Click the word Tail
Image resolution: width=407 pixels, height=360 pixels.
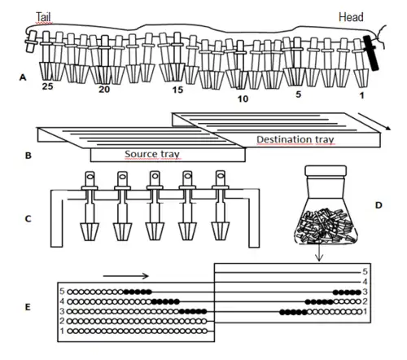pyautogui.click(x=43, y=17)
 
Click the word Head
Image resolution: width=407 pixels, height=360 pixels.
pyautogui.click(x=351, y=17)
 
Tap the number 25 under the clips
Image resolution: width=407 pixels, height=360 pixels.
pyautogui.click(x=47, y=86)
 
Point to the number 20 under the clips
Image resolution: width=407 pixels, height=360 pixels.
pyautogui.click(x=104, y=89)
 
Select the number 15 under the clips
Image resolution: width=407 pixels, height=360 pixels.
pyautogui.click(x=177, y=90)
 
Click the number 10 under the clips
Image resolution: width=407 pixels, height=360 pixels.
pyautogui.click(x=243, y=99)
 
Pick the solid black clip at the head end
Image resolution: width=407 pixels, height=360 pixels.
pyautogui.click(x=370, y=53)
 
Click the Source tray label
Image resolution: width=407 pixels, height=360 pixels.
pyautogui.click(x=152, y=154)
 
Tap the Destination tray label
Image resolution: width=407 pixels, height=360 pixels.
pyautogui.click(x=295, y=139)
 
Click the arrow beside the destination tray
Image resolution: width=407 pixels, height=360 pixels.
pyautogui.click(x=374, y=121)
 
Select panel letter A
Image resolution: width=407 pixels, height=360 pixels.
pyautogui.click(x=23, y=77)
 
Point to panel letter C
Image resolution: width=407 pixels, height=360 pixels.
pyautogui.click(x=28, y=219)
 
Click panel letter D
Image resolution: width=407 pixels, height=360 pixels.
pyautogui.click(x=379, y=205)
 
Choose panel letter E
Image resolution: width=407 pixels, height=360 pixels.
pyautogui.click(x=28, y=307)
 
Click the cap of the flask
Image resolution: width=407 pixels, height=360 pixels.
pyautogui.click(x=326, y=170)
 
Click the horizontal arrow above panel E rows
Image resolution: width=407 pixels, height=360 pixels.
pyautogui.click(x=126, y=276)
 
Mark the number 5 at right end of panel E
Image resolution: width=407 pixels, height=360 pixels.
pyautogui.click(x=365, y=271)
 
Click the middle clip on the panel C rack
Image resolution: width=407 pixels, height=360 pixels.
pyautogui.click(x=155, y=206)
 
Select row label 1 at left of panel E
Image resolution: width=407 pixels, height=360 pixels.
pyautogui.click(x=62, y=331)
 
